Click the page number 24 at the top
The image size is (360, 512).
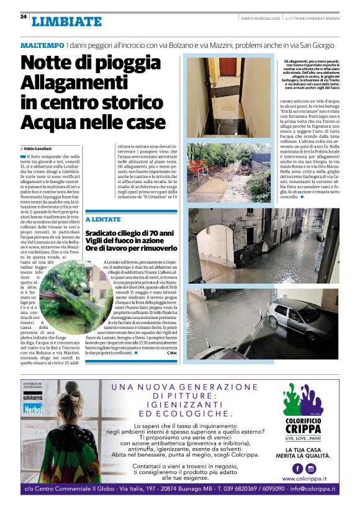click(23, 17)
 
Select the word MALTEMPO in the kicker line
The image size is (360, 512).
click(42, 46)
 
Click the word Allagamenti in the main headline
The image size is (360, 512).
click(73, 83)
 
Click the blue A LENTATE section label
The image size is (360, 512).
click(103, 220)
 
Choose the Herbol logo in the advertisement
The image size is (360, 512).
click(32, 410)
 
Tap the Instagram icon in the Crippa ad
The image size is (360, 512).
click(313, 469)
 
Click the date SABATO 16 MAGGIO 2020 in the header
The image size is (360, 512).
click(261, 17)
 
